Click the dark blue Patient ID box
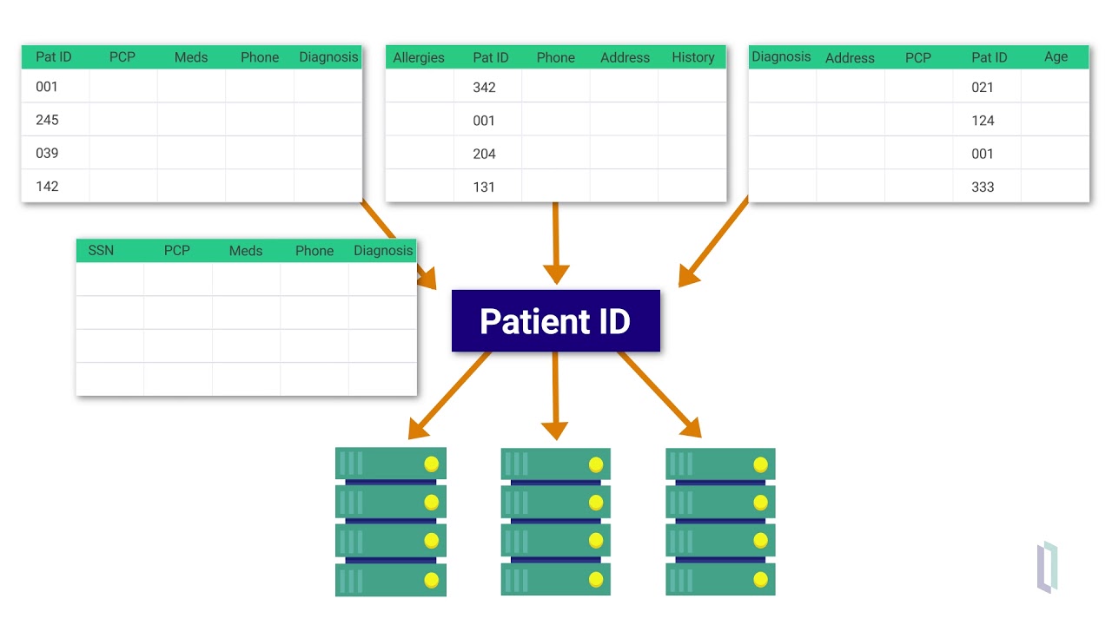555,321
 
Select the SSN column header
101,251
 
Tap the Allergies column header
419,58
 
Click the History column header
692,58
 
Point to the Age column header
1056,57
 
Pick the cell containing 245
47,120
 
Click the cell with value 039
47,153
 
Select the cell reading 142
47,186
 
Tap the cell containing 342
484,88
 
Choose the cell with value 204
484,154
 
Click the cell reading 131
484,187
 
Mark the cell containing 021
983,88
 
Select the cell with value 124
983,121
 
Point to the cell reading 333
983,187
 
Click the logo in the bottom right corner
1047,567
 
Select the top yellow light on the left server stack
431,464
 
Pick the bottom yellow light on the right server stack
760,579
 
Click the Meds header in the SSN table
246,251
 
